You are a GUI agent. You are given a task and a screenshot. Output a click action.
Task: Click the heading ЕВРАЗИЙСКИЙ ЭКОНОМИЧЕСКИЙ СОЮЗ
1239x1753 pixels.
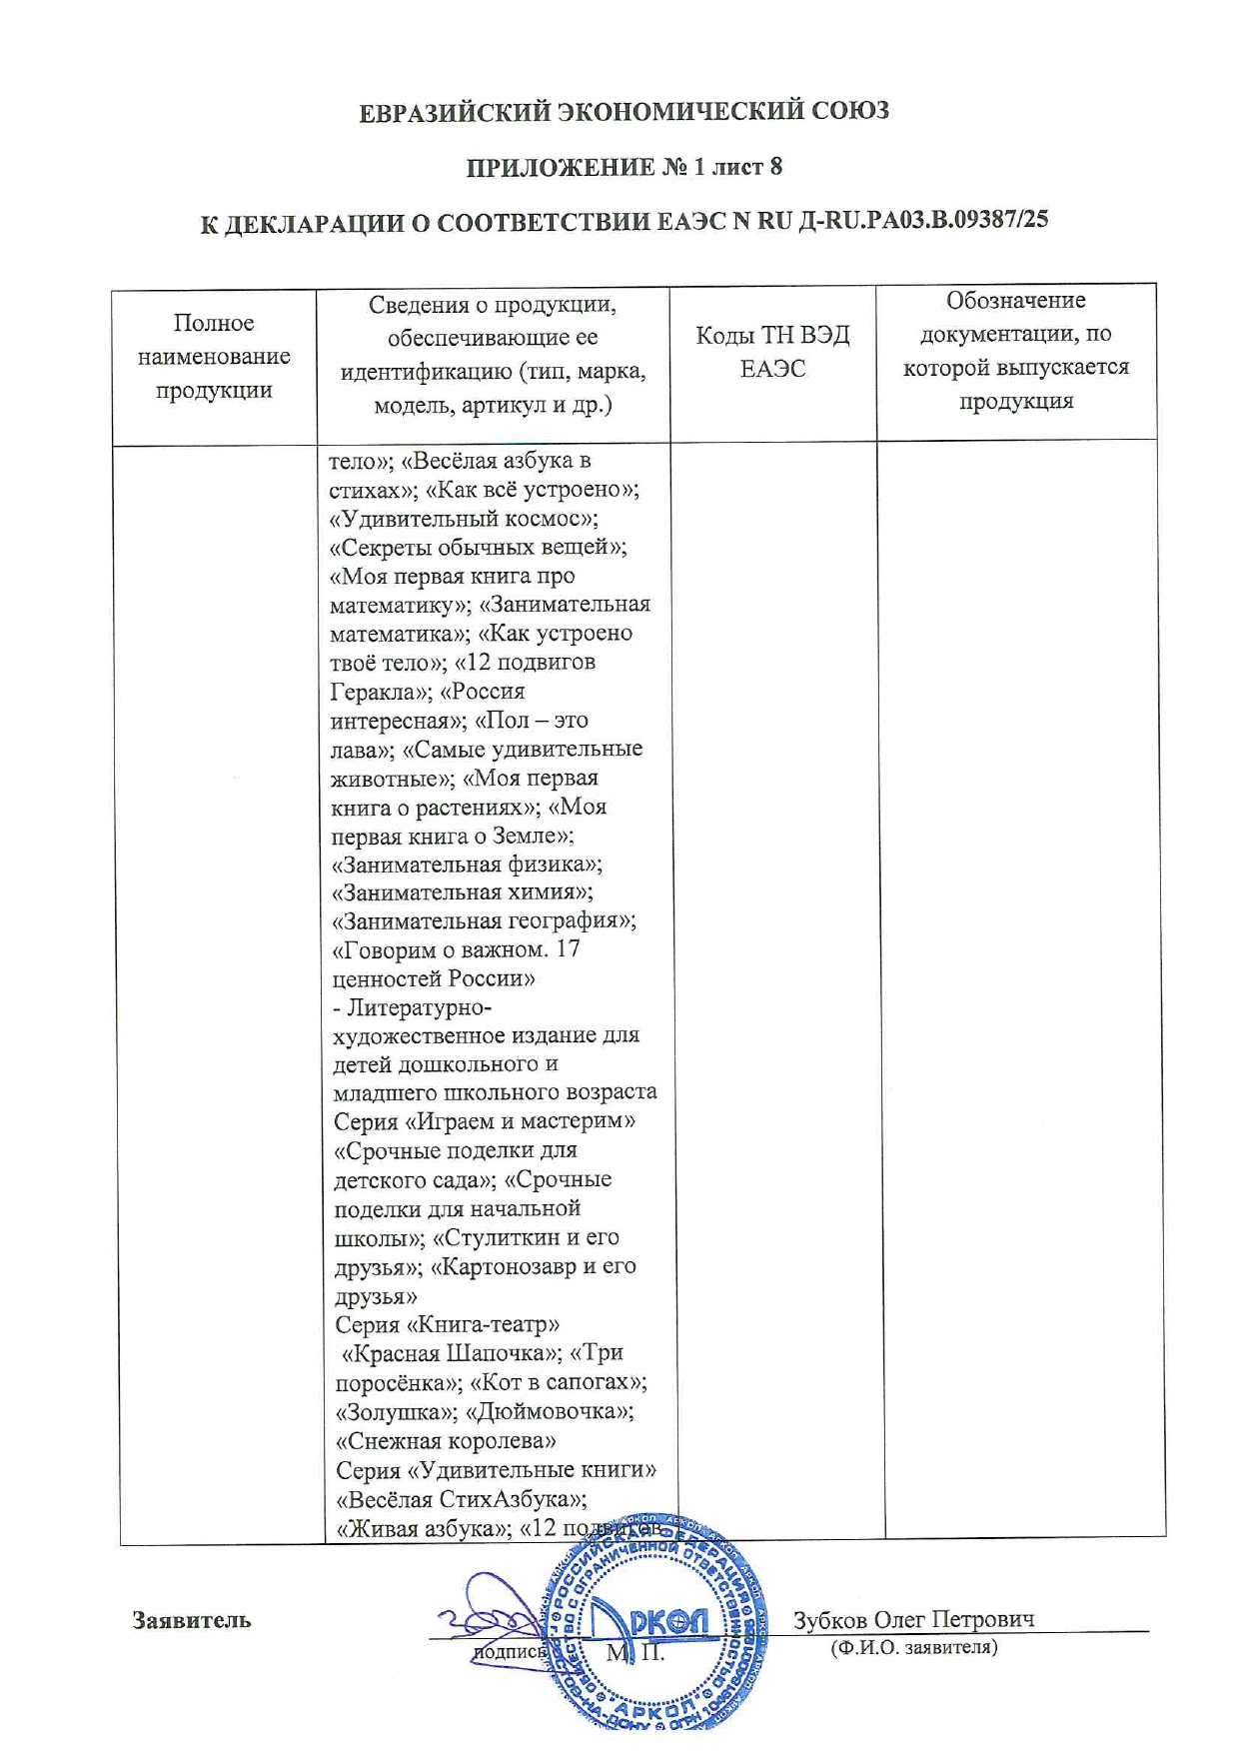click(x=623, y=111)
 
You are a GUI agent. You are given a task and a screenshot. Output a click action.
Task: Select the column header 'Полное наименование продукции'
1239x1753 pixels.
click(x=214, y=357)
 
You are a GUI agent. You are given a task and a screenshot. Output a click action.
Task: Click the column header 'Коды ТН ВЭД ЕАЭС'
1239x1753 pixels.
click(x=772, y=352)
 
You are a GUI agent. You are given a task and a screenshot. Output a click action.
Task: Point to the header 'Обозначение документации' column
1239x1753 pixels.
click(x=1015, y=351)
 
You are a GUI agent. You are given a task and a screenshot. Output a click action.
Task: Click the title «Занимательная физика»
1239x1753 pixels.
click(x=467, y=864)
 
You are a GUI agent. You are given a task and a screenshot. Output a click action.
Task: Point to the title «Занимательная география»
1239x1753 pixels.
click(x=484, y=920)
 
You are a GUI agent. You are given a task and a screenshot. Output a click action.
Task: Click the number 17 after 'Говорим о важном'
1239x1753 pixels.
click(x=568, y=949)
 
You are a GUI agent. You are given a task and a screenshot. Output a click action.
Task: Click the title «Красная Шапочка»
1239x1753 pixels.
click(x=450, y=1353)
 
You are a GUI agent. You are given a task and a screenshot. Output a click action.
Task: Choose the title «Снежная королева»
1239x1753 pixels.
click(x=446, y=1441)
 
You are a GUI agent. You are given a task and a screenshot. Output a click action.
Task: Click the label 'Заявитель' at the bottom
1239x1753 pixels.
click(x=192, y=1620)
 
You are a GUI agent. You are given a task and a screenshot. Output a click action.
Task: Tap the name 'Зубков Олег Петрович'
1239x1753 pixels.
click(x=913, y=1619)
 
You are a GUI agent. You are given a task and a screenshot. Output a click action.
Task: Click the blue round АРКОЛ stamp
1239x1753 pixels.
click(x=656, y=1624)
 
